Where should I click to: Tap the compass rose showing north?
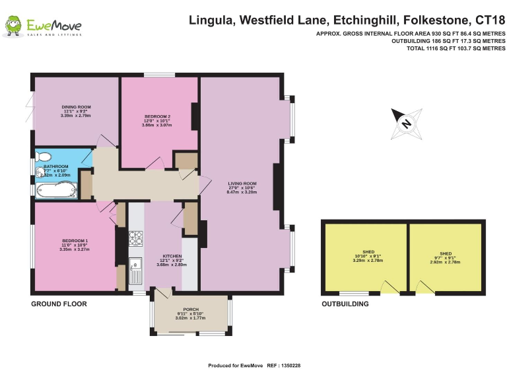[x=406, y=122]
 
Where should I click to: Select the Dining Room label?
[x=76, y=106]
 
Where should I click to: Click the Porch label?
[x=191, y=309]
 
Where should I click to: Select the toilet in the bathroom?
[x=44, y=157]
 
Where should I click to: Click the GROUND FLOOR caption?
[x=59, y=304]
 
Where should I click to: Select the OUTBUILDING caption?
[x=345, y=304]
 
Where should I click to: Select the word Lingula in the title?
[x=211, y=20]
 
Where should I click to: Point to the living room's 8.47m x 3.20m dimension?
[x=242, y=192]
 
